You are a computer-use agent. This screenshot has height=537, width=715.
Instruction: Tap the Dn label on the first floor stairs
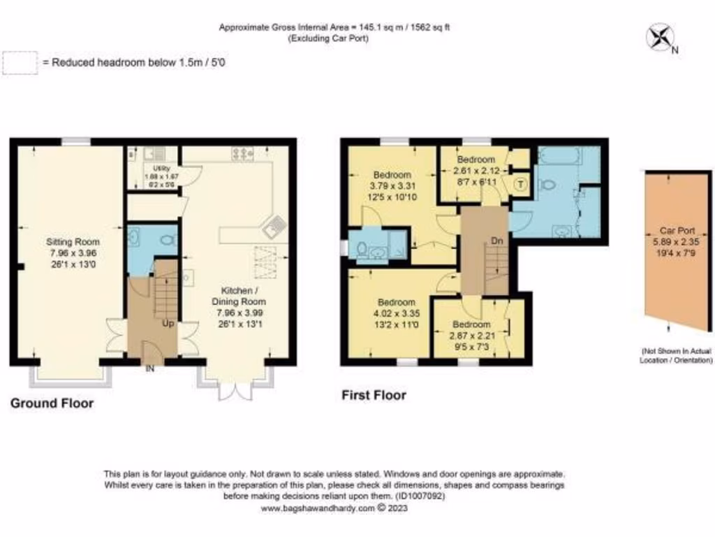pos(496,241)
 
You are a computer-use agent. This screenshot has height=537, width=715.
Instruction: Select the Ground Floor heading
pos(52,403)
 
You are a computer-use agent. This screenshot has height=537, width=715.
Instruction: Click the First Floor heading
pos(374,396)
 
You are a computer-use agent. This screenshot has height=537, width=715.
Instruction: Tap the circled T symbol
pos(520,184)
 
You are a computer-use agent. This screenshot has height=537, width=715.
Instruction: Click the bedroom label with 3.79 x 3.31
pos(393,185)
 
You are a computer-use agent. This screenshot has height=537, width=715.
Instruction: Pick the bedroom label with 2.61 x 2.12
pos(476,169)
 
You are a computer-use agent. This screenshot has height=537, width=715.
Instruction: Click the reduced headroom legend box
pos(20,63)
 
